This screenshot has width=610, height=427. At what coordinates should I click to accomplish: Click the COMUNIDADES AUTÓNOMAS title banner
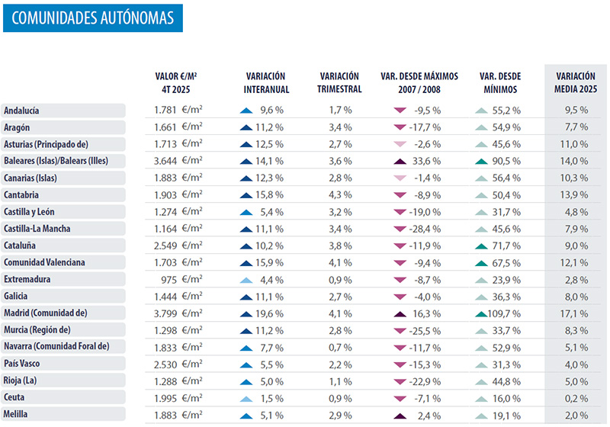tap(92, 16)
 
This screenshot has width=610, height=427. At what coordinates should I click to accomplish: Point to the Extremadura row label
tap(28, 280)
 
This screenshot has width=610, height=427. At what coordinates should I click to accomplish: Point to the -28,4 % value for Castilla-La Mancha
tap(427, 229)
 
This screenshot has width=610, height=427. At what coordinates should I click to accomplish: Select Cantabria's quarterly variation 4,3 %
tap(340, 195)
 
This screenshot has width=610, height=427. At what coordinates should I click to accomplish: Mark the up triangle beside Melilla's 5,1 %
tap(246, 416)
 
